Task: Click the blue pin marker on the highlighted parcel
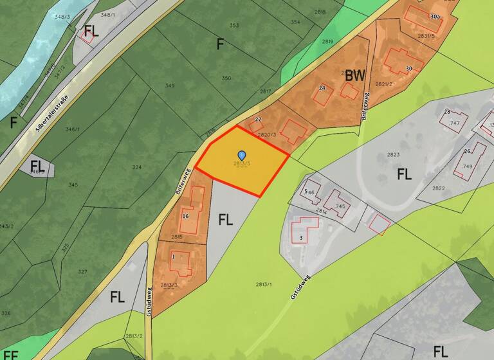click(x=242, y=155)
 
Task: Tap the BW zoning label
click(x=354, y=75)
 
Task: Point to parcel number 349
click(x=170, y=85)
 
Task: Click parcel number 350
click(x=226, y=78)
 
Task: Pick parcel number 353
click(x=234, y=26)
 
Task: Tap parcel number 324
click(x=136, y=167)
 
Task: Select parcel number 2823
click(x=394, y=155)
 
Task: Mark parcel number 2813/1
click(x=264, y=283)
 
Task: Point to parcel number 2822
click(x=438, y=188)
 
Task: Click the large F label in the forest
click(x=221, y=44)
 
